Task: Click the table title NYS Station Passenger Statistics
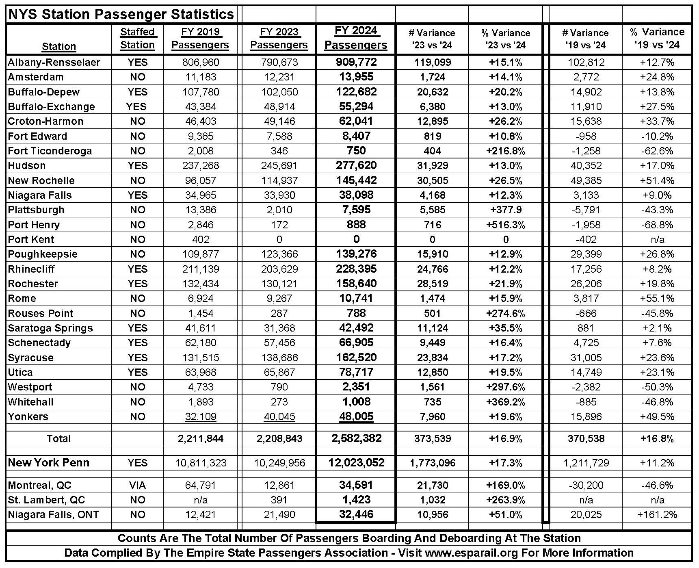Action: point(121,14)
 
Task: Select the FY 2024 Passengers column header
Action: point(356,38)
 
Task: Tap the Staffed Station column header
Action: point(137,38)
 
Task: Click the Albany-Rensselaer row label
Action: point(54,62)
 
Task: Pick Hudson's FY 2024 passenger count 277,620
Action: point(356,165)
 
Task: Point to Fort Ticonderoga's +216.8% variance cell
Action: point(505,151)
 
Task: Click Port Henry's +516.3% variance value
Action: point(505,225)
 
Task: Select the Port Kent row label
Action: point(31,239)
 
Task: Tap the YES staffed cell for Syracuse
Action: point(137,358)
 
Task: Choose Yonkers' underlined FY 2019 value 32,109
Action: point(201,416)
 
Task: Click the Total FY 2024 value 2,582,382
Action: point(356,438)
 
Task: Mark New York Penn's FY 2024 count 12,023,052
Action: point(356,462)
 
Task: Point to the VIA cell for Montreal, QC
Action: point(137,485)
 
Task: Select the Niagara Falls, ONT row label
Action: point(53,515)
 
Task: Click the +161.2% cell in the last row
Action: point(657,515)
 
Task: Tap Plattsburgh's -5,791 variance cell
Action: point(586,210)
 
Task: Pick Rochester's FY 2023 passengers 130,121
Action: point(279,284)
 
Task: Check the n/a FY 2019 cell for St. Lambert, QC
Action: point(201,500)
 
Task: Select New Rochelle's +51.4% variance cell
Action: point(657,180)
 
